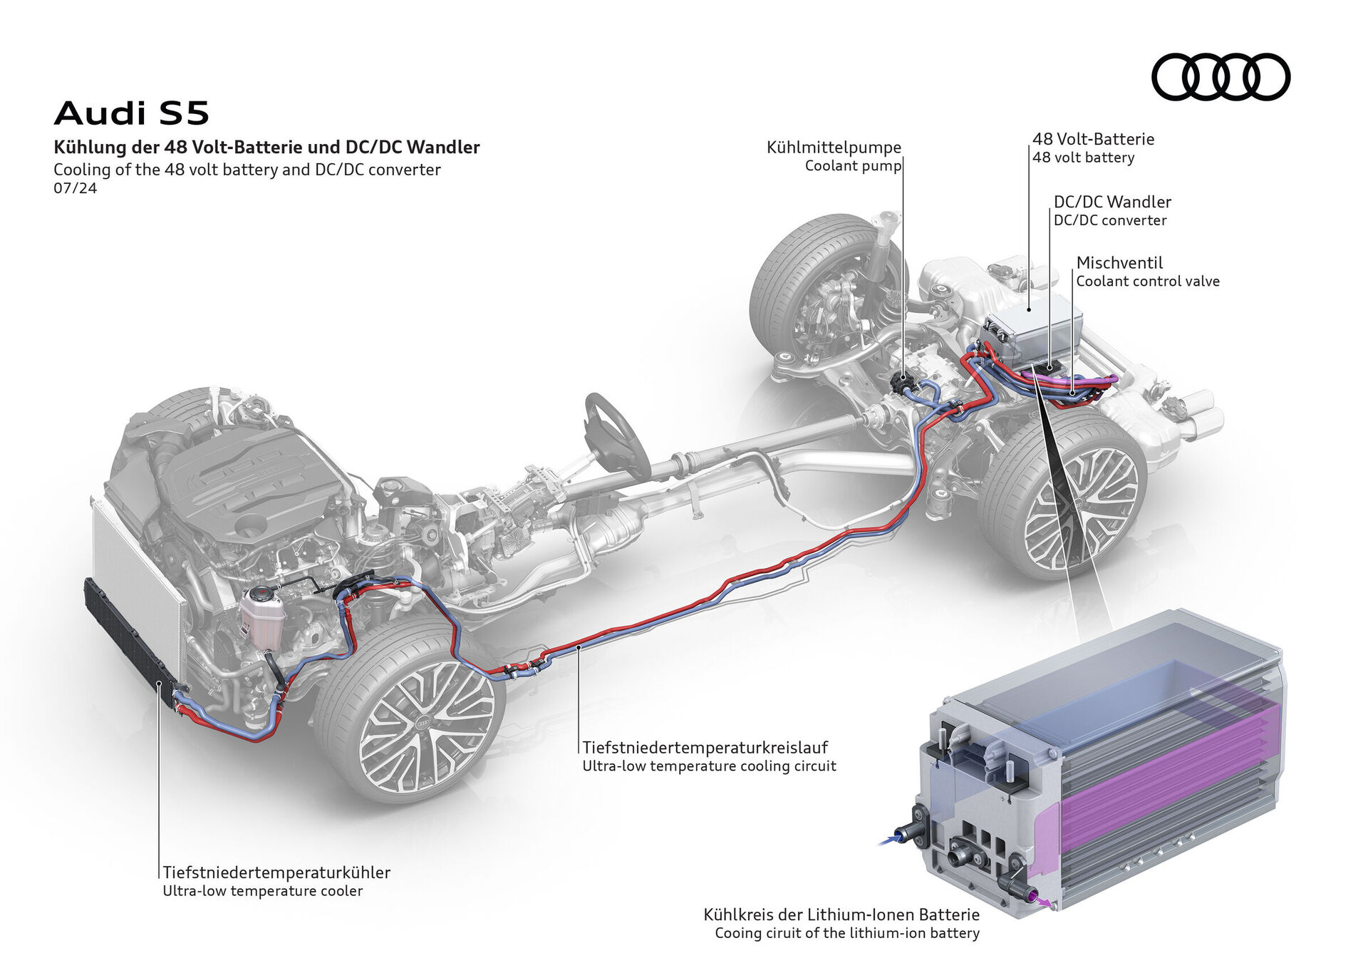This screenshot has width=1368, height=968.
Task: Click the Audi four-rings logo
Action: (x=1221, y=76)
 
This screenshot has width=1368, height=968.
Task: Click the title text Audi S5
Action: (x=132, y=113)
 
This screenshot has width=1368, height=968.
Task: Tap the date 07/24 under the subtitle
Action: (x=75, y=189)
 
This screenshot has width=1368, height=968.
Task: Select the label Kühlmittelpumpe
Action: (x=834, y=148)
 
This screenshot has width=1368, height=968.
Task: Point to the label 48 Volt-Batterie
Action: (x=1093, y=139)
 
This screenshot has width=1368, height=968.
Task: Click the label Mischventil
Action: (x=1119, y=262)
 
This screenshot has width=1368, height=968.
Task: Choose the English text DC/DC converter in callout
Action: (x=1109, y=221)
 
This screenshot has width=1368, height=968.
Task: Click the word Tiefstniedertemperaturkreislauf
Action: (x=705, y=748)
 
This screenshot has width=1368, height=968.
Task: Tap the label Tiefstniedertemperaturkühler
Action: (x=276, y=872)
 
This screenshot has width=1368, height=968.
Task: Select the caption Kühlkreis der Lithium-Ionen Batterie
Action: (x=841, y=915)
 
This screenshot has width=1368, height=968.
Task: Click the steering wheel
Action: (x=617, y=435)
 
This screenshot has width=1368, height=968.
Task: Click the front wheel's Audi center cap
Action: (x=423, y=724)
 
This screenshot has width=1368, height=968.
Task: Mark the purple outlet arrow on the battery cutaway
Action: (x=1044, y=902)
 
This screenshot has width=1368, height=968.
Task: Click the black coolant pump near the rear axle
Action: (x=903, y=383)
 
